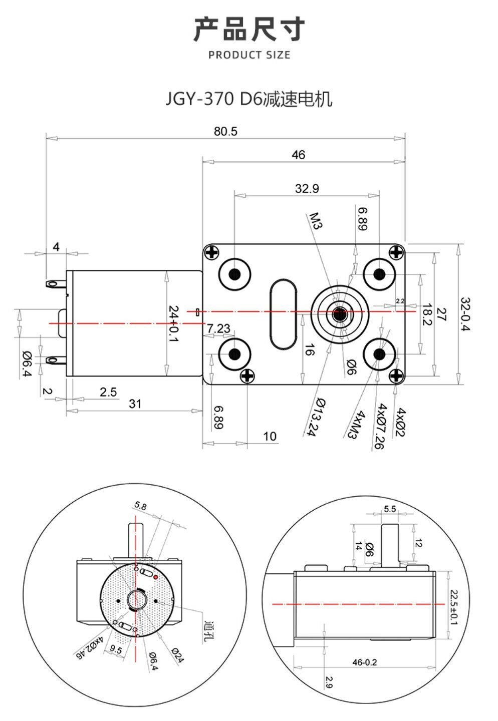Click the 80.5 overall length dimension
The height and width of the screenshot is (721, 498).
pos(225,131)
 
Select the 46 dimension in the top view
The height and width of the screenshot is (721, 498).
pos(298,155)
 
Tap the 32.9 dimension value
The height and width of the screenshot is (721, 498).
pos(307,189)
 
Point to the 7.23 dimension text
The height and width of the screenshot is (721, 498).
pos(218,328)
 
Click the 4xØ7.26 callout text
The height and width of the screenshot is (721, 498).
pos(379,427)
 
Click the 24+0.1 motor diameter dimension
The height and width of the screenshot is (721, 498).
pos(173,324)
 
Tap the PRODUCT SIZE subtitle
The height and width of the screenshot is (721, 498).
pos(249,55)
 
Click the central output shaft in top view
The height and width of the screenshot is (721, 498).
pos(339,314)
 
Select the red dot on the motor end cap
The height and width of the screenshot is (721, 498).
pos(156,577)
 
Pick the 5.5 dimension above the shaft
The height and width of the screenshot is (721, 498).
pos(390,509)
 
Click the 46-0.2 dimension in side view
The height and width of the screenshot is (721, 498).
pos(364,662)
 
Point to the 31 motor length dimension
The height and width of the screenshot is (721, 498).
pos(135,404)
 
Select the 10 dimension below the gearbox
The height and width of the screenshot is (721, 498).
pos(270,436)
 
